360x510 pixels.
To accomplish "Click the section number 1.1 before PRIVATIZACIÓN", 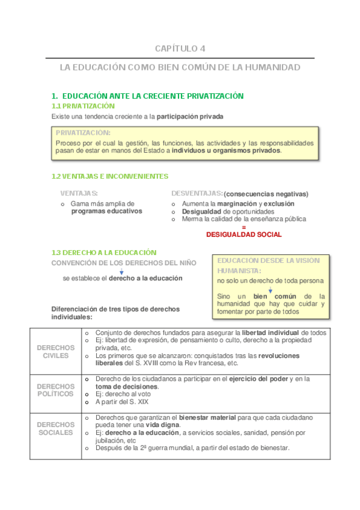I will pos(58,106).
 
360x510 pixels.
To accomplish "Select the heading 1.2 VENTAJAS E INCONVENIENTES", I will pos(110,176).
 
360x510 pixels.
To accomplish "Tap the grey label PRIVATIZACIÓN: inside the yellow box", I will pos(83,132).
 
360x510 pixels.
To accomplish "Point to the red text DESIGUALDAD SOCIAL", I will pos(243,235).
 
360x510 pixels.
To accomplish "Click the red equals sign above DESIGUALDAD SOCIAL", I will pos(243,227).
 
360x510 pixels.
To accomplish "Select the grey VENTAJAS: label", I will pos(79,194).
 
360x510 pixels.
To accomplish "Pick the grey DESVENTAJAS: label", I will pos(197,194).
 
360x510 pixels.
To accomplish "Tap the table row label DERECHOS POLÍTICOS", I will pos(56,390).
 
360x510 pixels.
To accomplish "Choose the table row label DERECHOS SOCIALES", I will pos(56,428).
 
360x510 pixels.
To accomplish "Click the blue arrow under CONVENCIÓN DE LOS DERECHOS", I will pos(121,272).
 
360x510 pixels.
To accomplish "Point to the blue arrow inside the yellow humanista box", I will pos(270,289).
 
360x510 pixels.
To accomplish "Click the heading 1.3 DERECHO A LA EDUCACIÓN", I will pos(104,253).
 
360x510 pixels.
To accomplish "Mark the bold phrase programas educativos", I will pos(107,211).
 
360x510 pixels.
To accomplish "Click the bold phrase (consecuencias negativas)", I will pos(266,194).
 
